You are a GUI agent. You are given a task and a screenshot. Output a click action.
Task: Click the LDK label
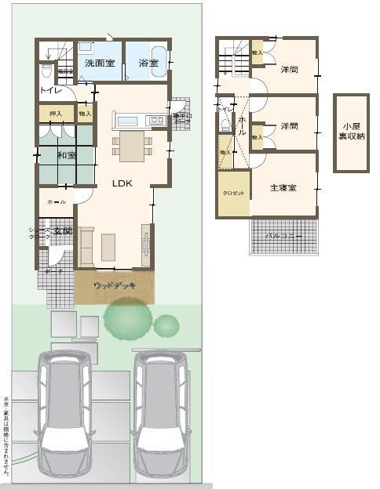coord(122,183)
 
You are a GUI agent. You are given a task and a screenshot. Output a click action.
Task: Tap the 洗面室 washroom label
coord(100,62)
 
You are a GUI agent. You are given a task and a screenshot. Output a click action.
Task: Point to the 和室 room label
coord(67,156)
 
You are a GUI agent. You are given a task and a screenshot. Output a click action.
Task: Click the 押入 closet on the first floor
coord(55,113)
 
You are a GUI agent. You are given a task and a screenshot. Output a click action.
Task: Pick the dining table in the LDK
coord(131,145)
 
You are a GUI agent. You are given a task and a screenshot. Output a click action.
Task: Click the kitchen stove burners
coord(155,120)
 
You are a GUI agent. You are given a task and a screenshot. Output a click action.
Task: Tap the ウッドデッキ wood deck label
coord(115,286)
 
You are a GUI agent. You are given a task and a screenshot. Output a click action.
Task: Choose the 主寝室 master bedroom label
coord(283,188)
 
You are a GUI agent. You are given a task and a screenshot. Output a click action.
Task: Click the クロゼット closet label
coord(233,193)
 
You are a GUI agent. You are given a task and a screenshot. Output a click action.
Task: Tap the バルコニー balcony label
coord(283,235)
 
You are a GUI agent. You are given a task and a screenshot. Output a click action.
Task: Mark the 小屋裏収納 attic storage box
coord(351,133)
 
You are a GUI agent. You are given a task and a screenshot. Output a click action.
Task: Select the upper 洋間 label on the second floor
coord(289,70)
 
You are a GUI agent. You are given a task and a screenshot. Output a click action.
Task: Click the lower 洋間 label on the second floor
coord(289,125)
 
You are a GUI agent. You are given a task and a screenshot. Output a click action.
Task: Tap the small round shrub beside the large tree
coord(166,324)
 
